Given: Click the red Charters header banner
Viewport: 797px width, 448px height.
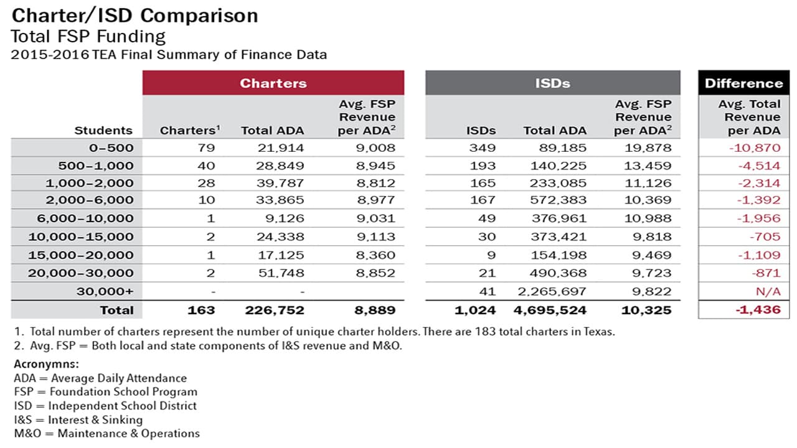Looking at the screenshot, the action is tap(273, 83).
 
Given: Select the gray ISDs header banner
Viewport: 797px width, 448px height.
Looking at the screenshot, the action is tap(553, 83).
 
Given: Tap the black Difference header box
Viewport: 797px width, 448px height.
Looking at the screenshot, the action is tap(743, 83).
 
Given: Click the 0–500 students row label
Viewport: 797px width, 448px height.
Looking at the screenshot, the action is tap(111, 147).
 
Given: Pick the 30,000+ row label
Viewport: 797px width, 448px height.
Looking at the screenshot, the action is tap(105, 292).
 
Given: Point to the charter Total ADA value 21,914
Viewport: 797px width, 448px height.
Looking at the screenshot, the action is tap(281, 148).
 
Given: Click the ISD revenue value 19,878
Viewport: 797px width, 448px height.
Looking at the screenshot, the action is tap(648, 148).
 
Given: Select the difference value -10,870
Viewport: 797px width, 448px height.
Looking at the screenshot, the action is tap(755, 148).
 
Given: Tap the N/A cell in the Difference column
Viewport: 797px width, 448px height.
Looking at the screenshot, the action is tap(768, 292).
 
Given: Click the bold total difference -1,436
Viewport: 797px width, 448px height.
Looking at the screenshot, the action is tap(758, 310).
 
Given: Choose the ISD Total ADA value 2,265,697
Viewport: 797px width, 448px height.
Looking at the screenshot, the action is tap(552, 292).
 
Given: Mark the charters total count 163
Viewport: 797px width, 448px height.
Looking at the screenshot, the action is tap(201, 310).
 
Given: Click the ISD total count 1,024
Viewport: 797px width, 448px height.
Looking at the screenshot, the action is tap(475, 310).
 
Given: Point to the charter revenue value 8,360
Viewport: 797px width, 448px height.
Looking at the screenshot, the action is tap(375, 255).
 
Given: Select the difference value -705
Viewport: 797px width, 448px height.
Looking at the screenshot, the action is tap(765, 236).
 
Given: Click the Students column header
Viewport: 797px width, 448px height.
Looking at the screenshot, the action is tap(103, 131).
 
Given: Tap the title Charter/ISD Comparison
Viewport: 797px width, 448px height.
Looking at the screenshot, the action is tap(134, 16).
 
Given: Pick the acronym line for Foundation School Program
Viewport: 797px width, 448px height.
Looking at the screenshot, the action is tap(106, 392).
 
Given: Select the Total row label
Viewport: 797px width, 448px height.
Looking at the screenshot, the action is tap(116, 310).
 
